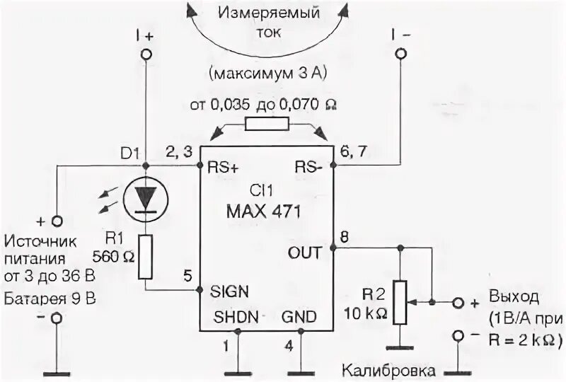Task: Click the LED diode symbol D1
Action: (x=145, y=197)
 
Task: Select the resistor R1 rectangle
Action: (x=145, y=256)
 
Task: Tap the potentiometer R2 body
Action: (x=401, y=302)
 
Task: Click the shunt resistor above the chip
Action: (x=266, y=125)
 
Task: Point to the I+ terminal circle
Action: (x=146, y=54)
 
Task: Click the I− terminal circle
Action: (x=401, y=54)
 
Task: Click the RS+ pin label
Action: (x=223, y=168)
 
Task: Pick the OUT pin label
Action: (x=306, y=252)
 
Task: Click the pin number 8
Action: (x=345, y=237)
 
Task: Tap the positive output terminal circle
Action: (x=457, y=303)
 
